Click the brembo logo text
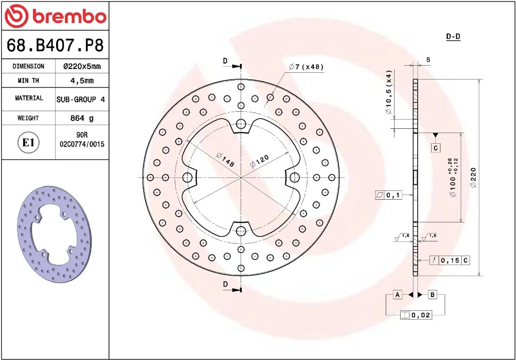pyautogui.click(x=69, y=17)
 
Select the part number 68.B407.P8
pyautogui.click(x=55, y=46)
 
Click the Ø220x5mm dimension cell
pyautogui.click(x=82, y=66)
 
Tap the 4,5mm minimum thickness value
pyautogui.click(x=82, y=81)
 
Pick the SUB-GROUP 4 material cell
pyautogui.click(x=81, y=99)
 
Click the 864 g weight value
pyautogui.click(x=82, y=118)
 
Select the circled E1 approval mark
pyautogui.click(x=28, y=143)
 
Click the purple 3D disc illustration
pyautogui.click(x=54, y=234)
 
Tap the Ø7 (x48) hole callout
pyautogui.click(x=306, y=67)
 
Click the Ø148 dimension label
pyautogui.click(x=225, y=160)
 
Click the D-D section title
pyautogui.click(x=453, y=37)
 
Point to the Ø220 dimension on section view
pyautogui.click(x=473, y=177)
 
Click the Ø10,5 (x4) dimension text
pyautogui.click(x=389, y=92)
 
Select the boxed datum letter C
pyautogui.click(x=435, y=148)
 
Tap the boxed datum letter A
pyautogui.click(x=397, y=295)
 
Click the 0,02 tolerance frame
pyautogui.click(x=416, y=315)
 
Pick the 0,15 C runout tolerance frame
pyautogui.click(x=449, y=260)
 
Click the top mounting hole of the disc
pyautogui.click(x=241, y=124)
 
